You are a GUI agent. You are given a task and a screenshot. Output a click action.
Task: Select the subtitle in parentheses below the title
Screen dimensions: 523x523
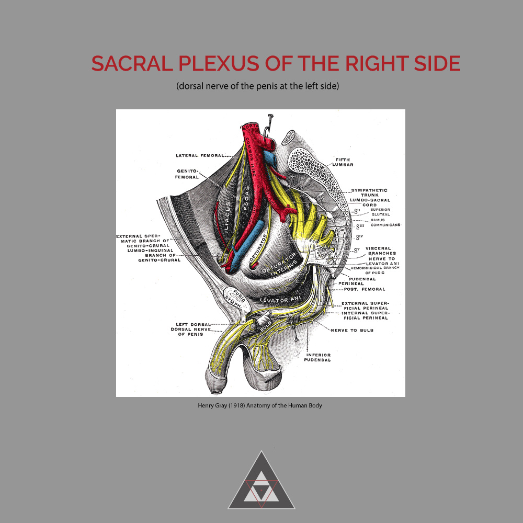click(258, 86)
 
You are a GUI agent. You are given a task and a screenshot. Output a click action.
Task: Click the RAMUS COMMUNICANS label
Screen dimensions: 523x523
click(385, 222)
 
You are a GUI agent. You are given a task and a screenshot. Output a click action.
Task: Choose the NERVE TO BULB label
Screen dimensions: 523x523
click(352, 331)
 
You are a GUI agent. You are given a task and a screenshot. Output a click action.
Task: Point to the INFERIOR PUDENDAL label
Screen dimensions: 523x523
click(318, 357)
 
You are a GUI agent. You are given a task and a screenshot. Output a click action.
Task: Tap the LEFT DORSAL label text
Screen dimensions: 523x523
click(189, 324)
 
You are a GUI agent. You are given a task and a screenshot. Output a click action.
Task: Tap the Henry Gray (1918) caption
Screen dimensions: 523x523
click(259, 405)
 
